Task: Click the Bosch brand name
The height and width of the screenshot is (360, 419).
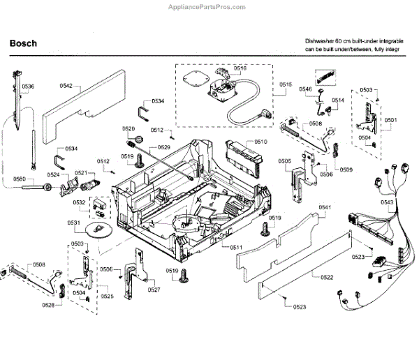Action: tap(23, 43)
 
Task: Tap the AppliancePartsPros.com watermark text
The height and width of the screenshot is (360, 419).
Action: tap(209, 6)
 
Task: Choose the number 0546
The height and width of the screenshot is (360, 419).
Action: tap(306, 89)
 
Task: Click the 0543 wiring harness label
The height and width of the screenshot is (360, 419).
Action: tap(388, 202)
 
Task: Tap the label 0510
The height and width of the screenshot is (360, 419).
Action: tap(260, 142)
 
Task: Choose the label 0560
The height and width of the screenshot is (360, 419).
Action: tap(20, 179)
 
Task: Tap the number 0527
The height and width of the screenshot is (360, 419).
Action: tap(154, 289)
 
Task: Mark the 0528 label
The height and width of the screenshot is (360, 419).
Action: tap(47, 305)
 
